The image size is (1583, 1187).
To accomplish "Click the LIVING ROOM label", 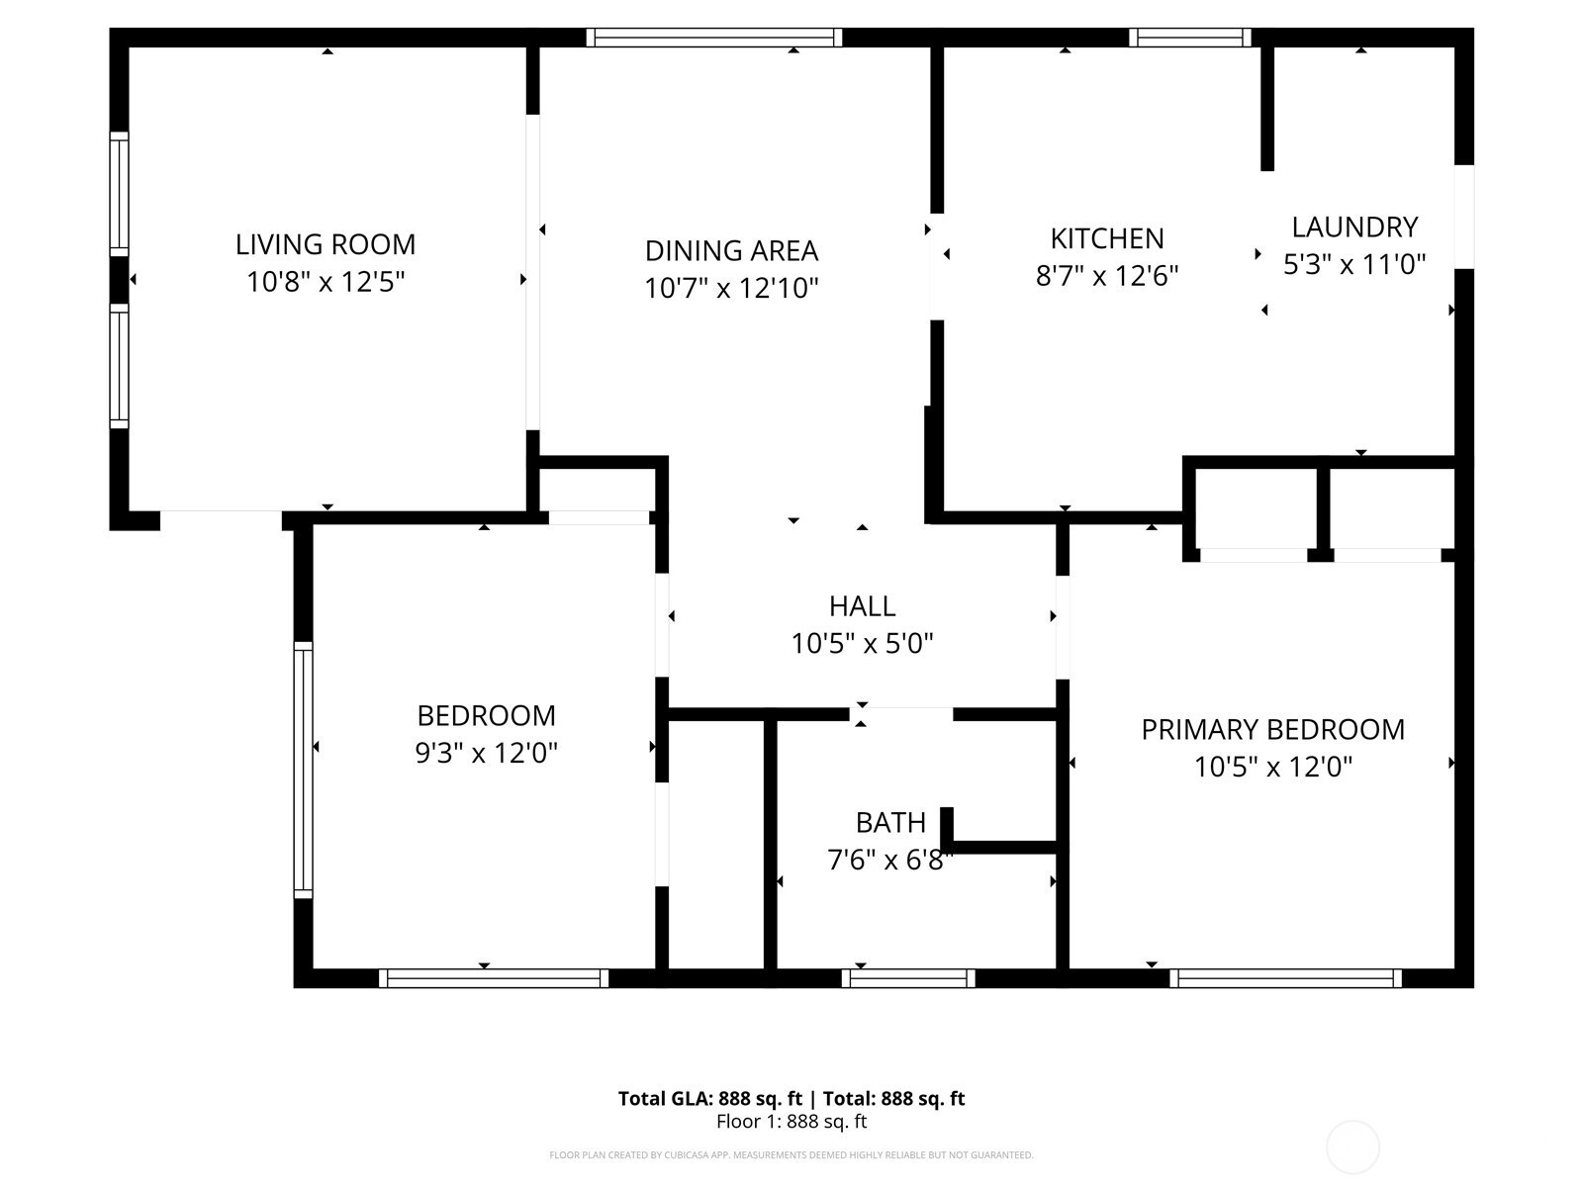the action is (x=326, y=244).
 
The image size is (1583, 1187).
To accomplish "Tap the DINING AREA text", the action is (x=731, y=251).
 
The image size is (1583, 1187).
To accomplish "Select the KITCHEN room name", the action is (x=1107, y=238).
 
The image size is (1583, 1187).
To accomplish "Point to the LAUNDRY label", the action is (x=1354, y=228).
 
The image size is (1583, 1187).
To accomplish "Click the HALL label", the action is (x=863, y=606).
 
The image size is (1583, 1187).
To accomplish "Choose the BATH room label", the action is (x=890, y=822).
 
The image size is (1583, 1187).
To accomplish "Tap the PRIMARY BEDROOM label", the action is (x=1273, y=729).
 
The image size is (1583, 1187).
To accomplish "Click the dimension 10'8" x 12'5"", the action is (x=326, y=281).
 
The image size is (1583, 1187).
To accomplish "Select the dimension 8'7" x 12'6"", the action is (x=1107, y=275).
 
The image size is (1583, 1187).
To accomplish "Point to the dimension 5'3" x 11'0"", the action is (x=1354, y=264).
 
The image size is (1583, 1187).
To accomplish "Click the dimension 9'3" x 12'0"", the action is (x=486, y=753).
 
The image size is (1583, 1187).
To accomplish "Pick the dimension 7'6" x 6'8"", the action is (x=890, y=860).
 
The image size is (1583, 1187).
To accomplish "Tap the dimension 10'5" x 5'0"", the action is (x=863, y=643).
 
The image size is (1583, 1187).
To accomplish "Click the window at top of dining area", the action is (x=714, y=38).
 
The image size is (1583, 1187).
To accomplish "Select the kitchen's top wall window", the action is (x=1190, y=38).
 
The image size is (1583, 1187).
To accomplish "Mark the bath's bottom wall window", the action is (x=908, y=978).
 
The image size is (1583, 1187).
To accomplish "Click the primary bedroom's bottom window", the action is (x=1285, y=978).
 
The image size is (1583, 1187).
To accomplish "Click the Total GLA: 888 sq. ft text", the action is (x=709, y=1098).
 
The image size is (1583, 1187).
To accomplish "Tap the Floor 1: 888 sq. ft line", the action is (x=791, y=1122).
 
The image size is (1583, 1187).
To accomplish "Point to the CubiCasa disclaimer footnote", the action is (x=791, y=1154).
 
